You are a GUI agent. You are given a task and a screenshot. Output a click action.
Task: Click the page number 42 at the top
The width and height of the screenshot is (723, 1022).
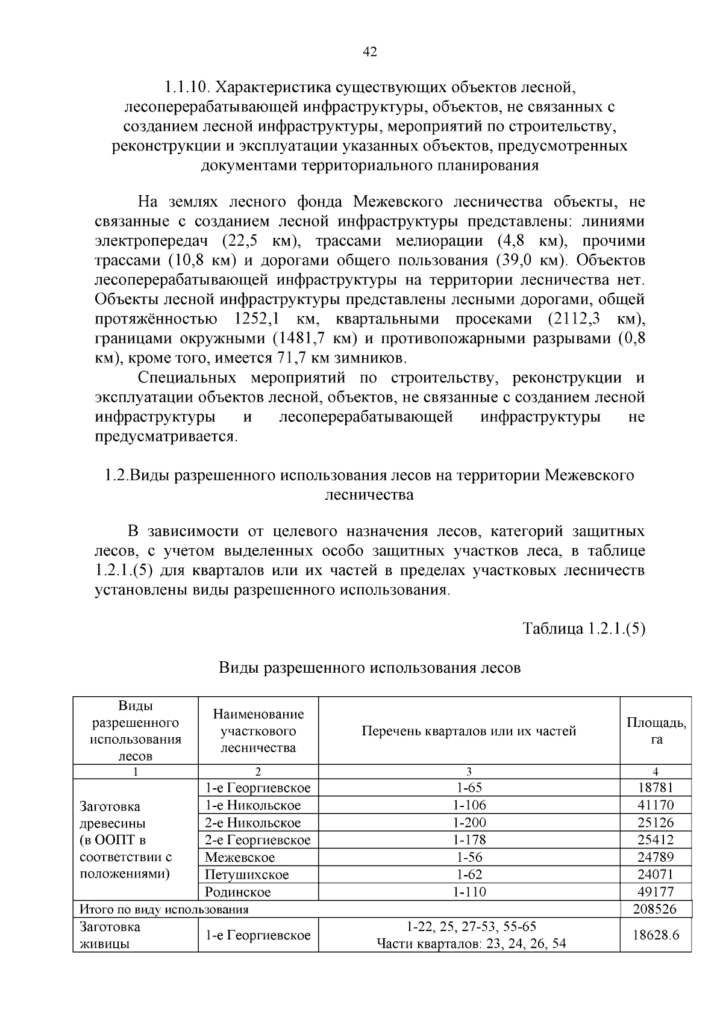coord(369,52)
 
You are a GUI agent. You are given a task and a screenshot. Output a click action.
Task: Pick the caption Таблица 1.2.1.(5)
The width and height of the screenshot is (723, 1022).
coord(584,629)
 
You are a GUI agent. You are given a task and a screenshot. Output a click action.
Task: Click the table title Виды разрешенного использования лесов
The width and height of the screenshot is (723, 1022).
coord(369,667)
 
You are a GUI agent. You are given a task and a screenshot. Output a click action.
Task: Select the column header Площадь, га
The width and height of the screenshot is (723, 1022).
coord(656,731)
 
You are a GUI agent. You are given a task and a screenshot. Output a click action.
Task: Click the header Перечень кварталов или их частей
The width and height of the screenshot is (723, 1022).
coord(469,731)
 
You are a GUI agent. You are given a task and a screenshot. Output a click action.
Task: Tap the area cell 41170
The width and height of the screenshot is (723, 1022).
coord(656,805)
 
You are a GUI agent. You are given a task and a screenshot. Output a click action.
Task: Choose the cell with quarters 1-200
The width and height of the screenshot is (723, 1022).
coord(469,823)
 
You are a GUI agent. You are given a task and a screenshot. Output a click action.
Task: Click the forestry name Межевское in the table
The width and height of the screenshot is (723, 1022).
coord(240,857)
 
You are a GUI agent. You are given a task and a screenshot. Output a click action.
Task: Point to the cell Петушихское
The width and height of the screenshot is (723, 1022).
coord(246,874)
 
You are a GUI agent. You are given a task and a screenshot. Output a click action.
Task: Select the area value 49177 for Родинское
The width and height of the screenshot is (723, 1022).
coord(656,892)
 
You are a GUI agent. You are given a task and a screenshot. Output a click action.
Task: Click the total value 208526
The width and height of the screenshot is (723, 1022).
coord(656,909)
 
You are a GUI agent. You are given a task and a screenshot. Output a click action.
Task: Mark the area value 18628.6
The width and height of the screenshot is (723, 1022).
coord(656,935)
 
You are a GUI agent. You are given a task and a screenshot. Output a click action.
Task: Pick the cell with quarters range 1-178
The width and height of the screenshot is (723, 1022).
coord(469,840)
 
